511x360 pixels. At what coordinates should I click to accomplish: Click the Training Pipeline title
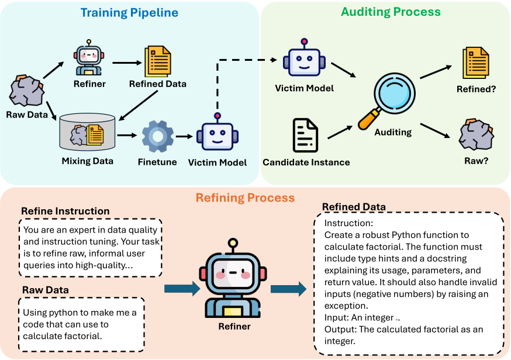[129, 13]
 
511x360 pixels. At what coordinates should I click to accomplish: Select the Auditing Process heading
[391, 12]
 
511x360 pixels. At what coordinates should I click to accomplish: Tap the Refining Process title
[245, 198]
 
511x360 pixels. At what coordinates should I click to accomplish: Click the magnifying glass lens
[395, 93]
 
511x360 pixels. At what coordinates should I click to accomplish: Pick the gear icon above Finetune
[158, 137]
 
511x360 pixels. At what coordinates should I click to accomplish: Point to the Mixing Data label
[87, 161]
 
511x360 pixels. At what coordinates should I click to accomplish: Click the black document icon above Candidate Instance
[305, 135]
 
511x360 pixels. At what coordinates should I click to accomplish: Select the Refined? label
[476, 89]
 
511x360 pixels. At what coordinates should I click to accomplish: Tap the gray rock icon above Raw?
[476, 134]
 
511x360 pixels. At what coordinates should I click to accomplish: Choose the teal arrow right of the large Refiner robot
[288, 289]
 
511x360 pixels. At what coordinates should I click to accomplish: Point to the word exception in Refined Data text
[346, 306]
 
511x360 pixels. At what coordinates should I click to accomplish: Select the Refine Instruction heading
[65, 211]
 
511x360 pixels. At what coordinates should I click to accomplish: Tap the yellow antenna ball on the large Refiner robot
[233, 243]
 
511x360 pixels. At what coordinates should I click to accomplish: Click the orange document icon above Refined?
[476, 63]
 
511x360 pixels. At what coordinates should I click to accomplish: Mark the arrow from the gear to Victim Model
[184, 137]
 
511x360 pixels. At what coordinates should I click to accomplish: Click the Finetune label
[157, 162]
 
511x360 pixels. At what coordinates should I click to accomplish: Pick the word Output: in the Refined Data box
[340, 330]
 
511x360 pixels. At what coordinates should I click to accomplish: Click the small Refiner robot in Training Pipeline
[89, 58]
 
